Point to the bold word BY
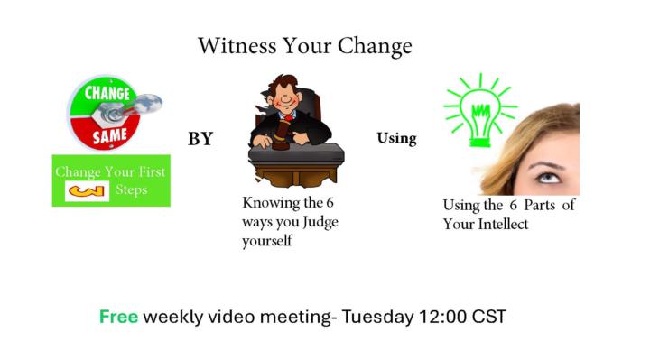(x=200, y=139)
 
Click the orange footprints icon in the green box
(x=88, y=191)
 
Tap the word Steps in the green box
(x=132, y=190)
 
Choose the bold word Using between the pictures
(x=396, y=138)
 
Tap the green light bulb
(x=479, y=112)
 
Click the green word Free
(x=118, y=317)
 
